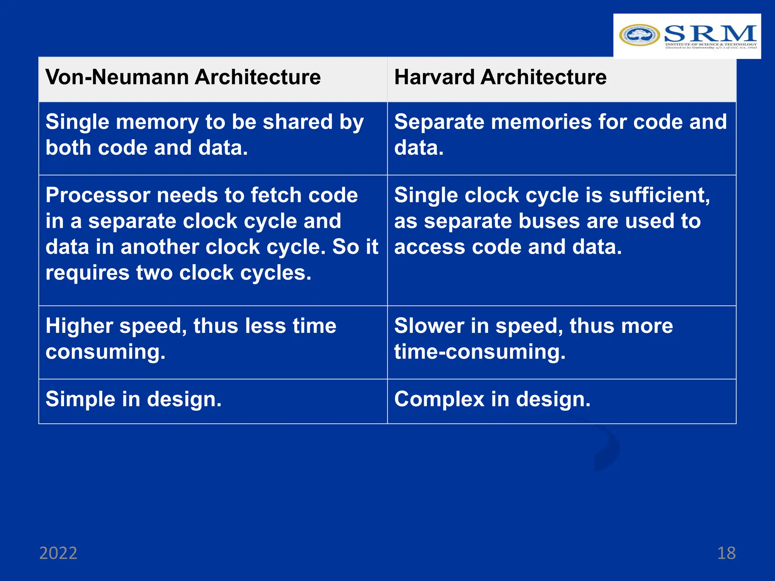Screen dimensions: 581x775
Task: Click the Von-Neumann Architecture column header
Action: click(x=183, y=78)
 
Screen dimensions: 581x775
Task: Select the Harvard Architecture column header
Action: click(x=500, y=78)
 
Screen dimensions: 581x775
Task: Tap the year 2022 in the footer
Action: click(x=58, y=553)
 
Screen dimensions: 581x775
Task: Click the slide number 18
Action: click(x=726, y=553)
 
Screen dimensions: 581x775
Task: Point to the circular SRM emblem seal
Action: click(x=640, y=35)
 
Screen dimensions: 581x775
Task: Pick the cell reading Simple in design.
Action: click(x=134, y=399)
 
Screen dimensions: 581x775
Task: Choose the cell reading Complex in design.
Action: click(x=492, y=399)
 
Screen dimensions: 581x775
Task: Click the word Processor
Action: click(x=98, y=196)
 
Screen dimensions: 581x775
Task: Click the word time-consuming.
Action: click(x=480, y=352)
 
